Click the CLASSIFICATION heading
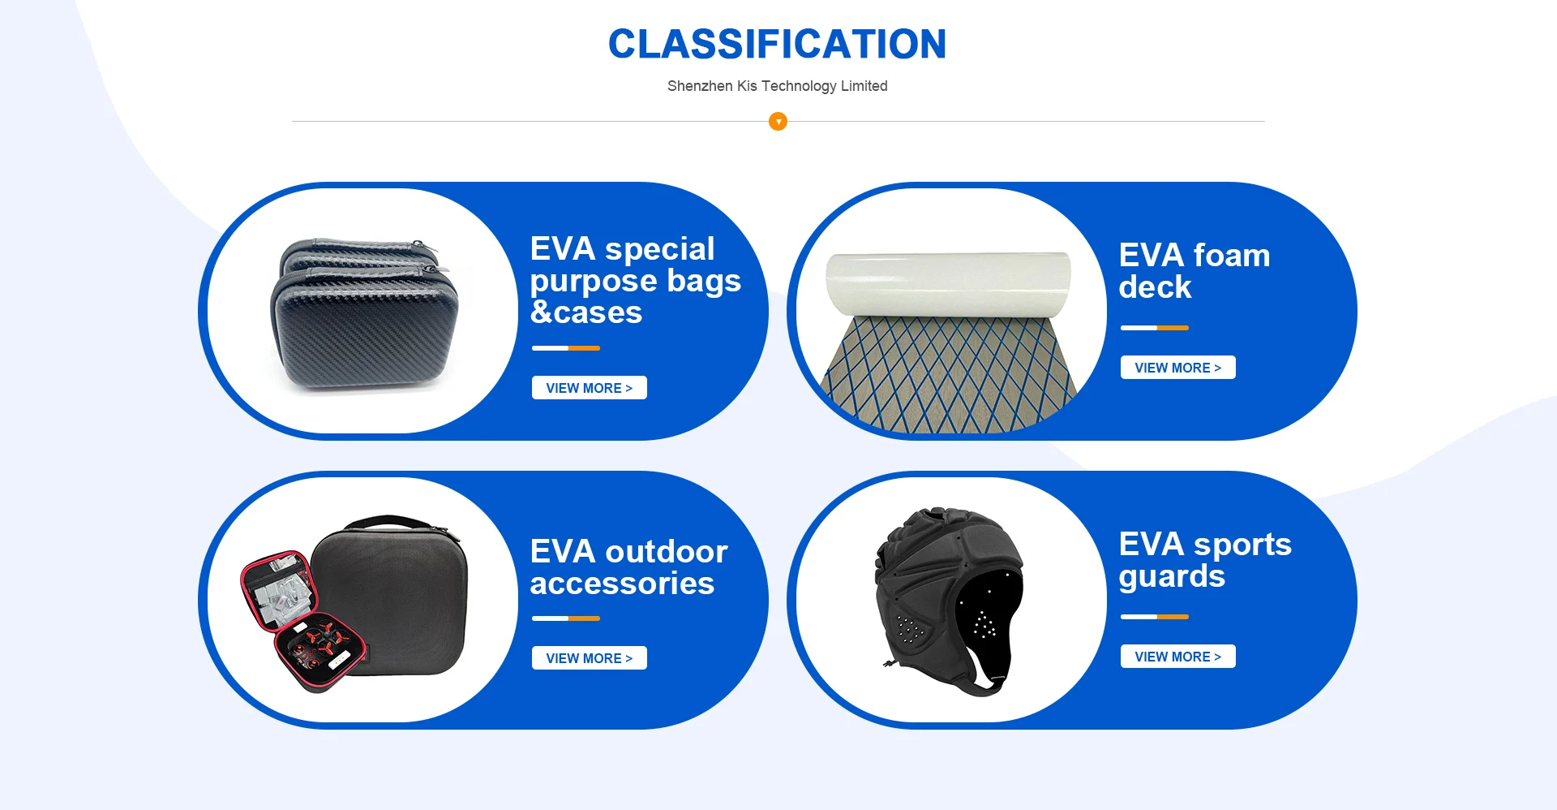click(x=777, y=44)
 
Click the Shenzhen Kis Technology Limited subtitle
click(x=777, y=86)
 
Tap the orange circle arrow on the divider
click(x=778, y=122)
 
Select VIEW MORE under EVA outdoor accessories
click(x=589, y=658)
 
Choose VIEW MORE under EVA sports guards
click(x=1177, y=657)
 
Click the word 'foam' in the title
click(x=1231, y=256)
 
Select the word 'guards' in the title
click(x=1172, y=577)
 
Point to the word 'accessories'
click(x=622, y=584)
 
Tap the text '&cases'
click(x=586, y=312)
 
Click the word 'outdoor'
click(x=666, y=552)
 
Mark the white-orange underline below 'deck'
click(x=1155, y=328)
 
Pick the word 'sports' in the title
click(x=1242, y=545)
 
